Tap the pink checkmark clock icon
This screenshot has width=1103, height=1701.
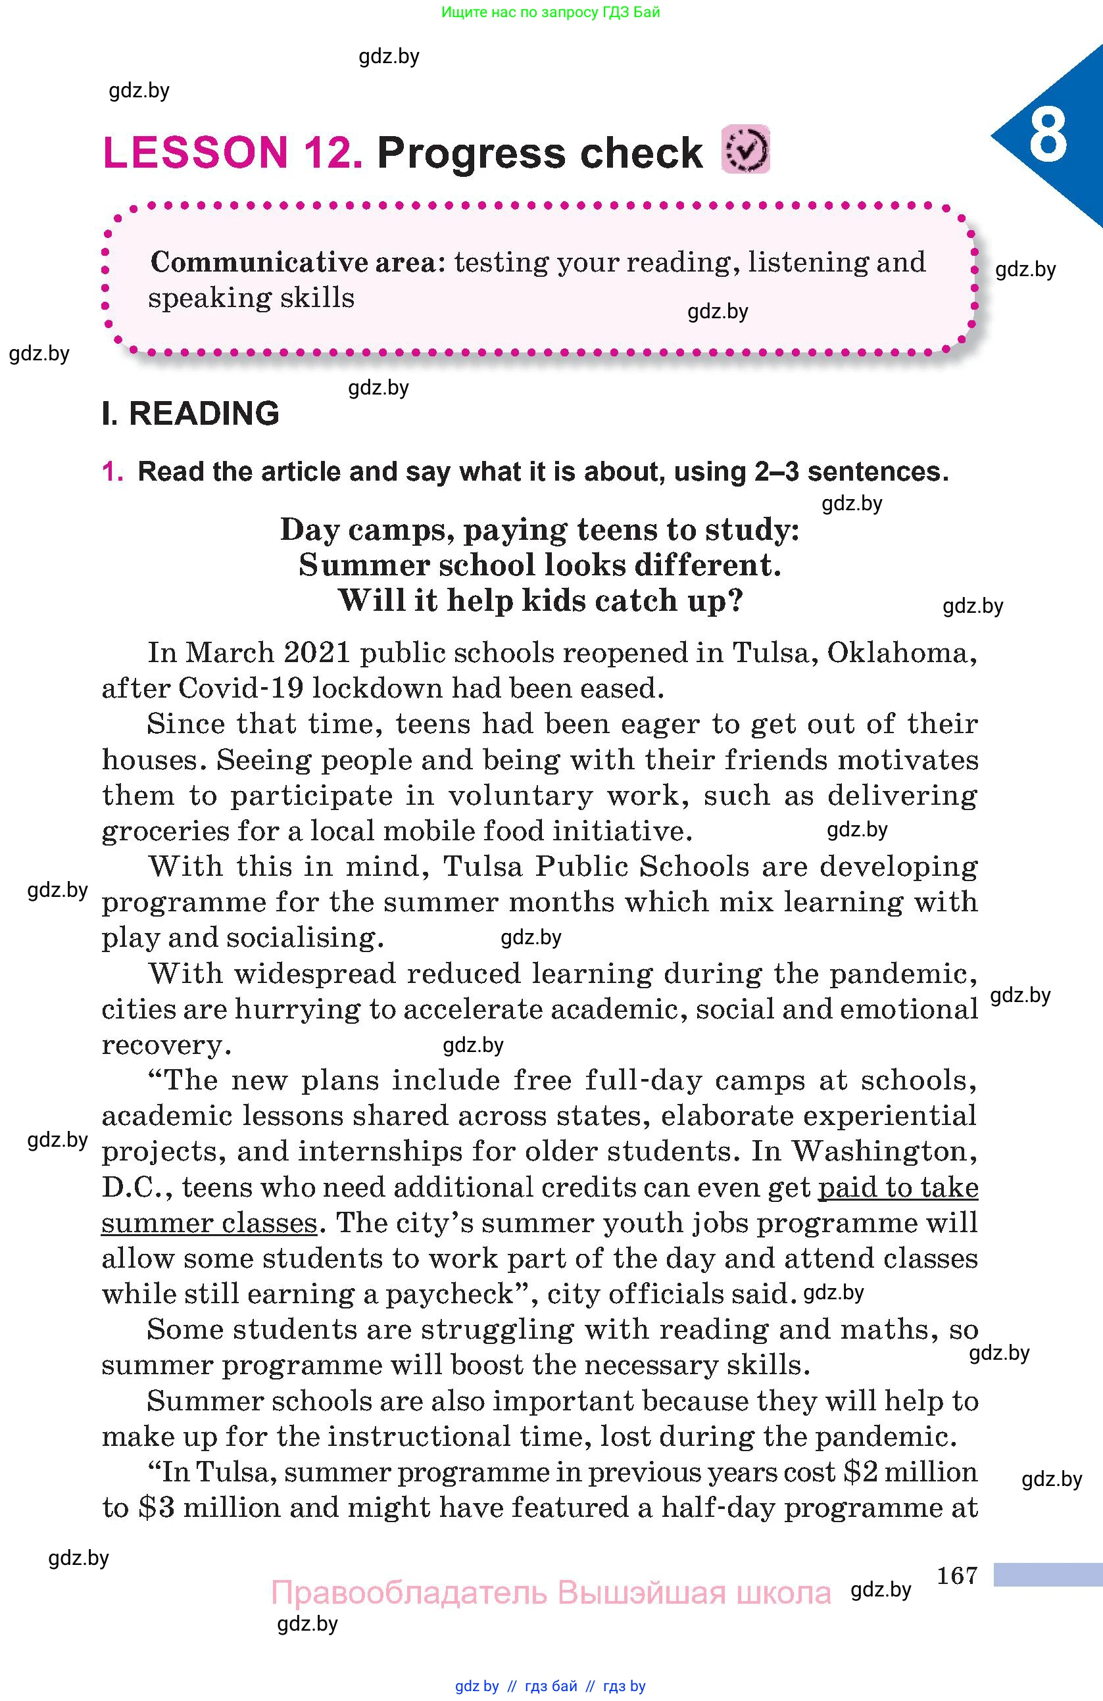coord(746,149)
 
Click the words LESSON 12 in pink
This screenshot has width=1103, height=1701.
coord(233,153)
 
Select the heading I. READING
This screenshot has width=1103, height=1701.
coord(190,414)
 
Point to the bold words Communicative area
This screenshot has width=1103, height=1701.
coord(293,262)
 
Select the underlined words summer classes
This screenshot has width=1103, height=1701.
coord(208,1223)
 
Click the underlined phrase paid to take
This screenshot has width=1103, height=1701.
coord(898,1187)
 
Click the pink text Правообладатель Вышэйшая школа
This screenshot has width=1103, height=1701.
coord(551,1593)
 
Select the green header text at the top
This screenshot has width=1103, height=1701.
coord(551,12)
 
